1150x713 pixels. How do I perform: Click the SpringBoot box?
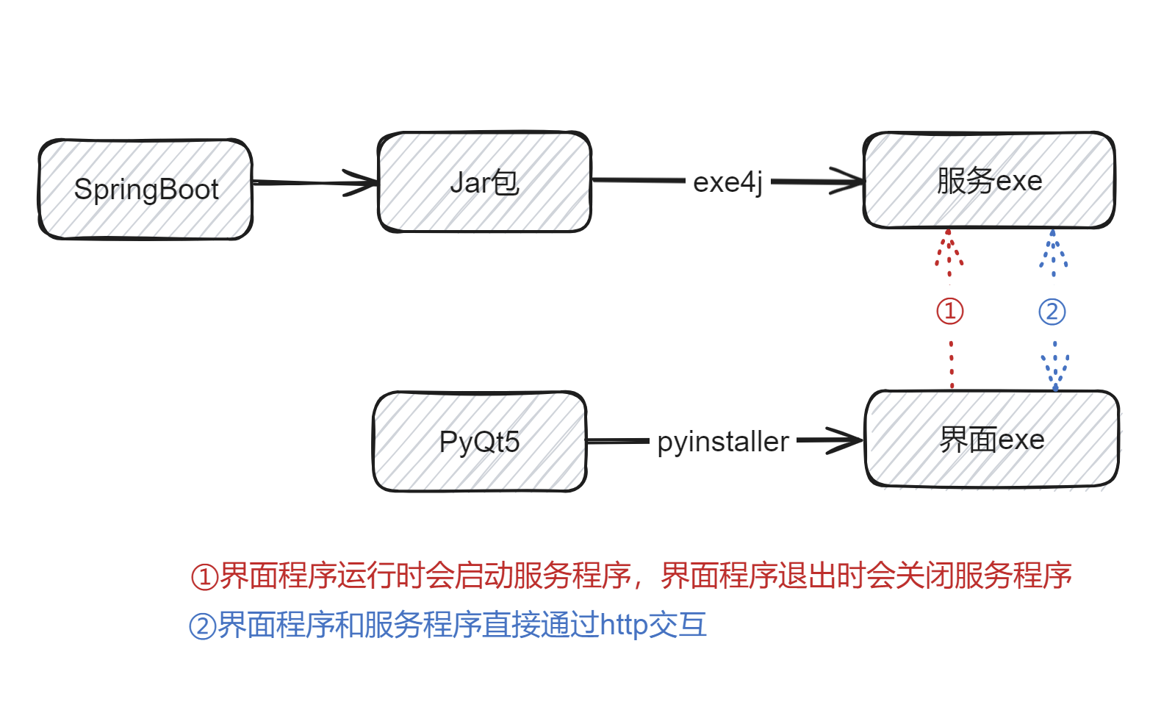tap(145, 189)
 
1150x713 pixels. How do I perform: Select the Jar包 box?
tap(484, 182)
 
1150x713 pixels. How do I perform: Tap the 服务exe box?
tap(989, 181)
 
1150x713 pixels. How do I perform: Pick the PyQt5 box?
tap(479, 442)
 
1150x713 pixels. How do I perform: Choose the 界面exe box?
tap(992, 440)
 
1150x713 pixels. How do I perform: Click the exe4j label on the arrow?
tap(727, 182)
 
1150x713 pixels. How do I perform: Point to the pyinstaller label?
tap(723, 442)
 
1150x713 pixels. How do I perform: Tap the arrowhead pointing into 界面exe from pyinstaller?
tap(845, 440)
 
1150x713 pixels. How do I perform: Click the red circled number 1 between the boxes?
tap(949, 311)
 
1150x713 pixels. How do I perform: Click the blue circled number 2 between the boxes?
tap(1052, 312)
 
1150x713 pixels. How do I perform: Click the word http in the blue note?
tap(624, 625)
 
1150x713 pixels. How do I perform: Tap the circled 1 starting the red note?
tap(204, 577)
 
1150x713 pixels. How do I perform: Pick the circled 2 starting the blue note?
tap(202, 626)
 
